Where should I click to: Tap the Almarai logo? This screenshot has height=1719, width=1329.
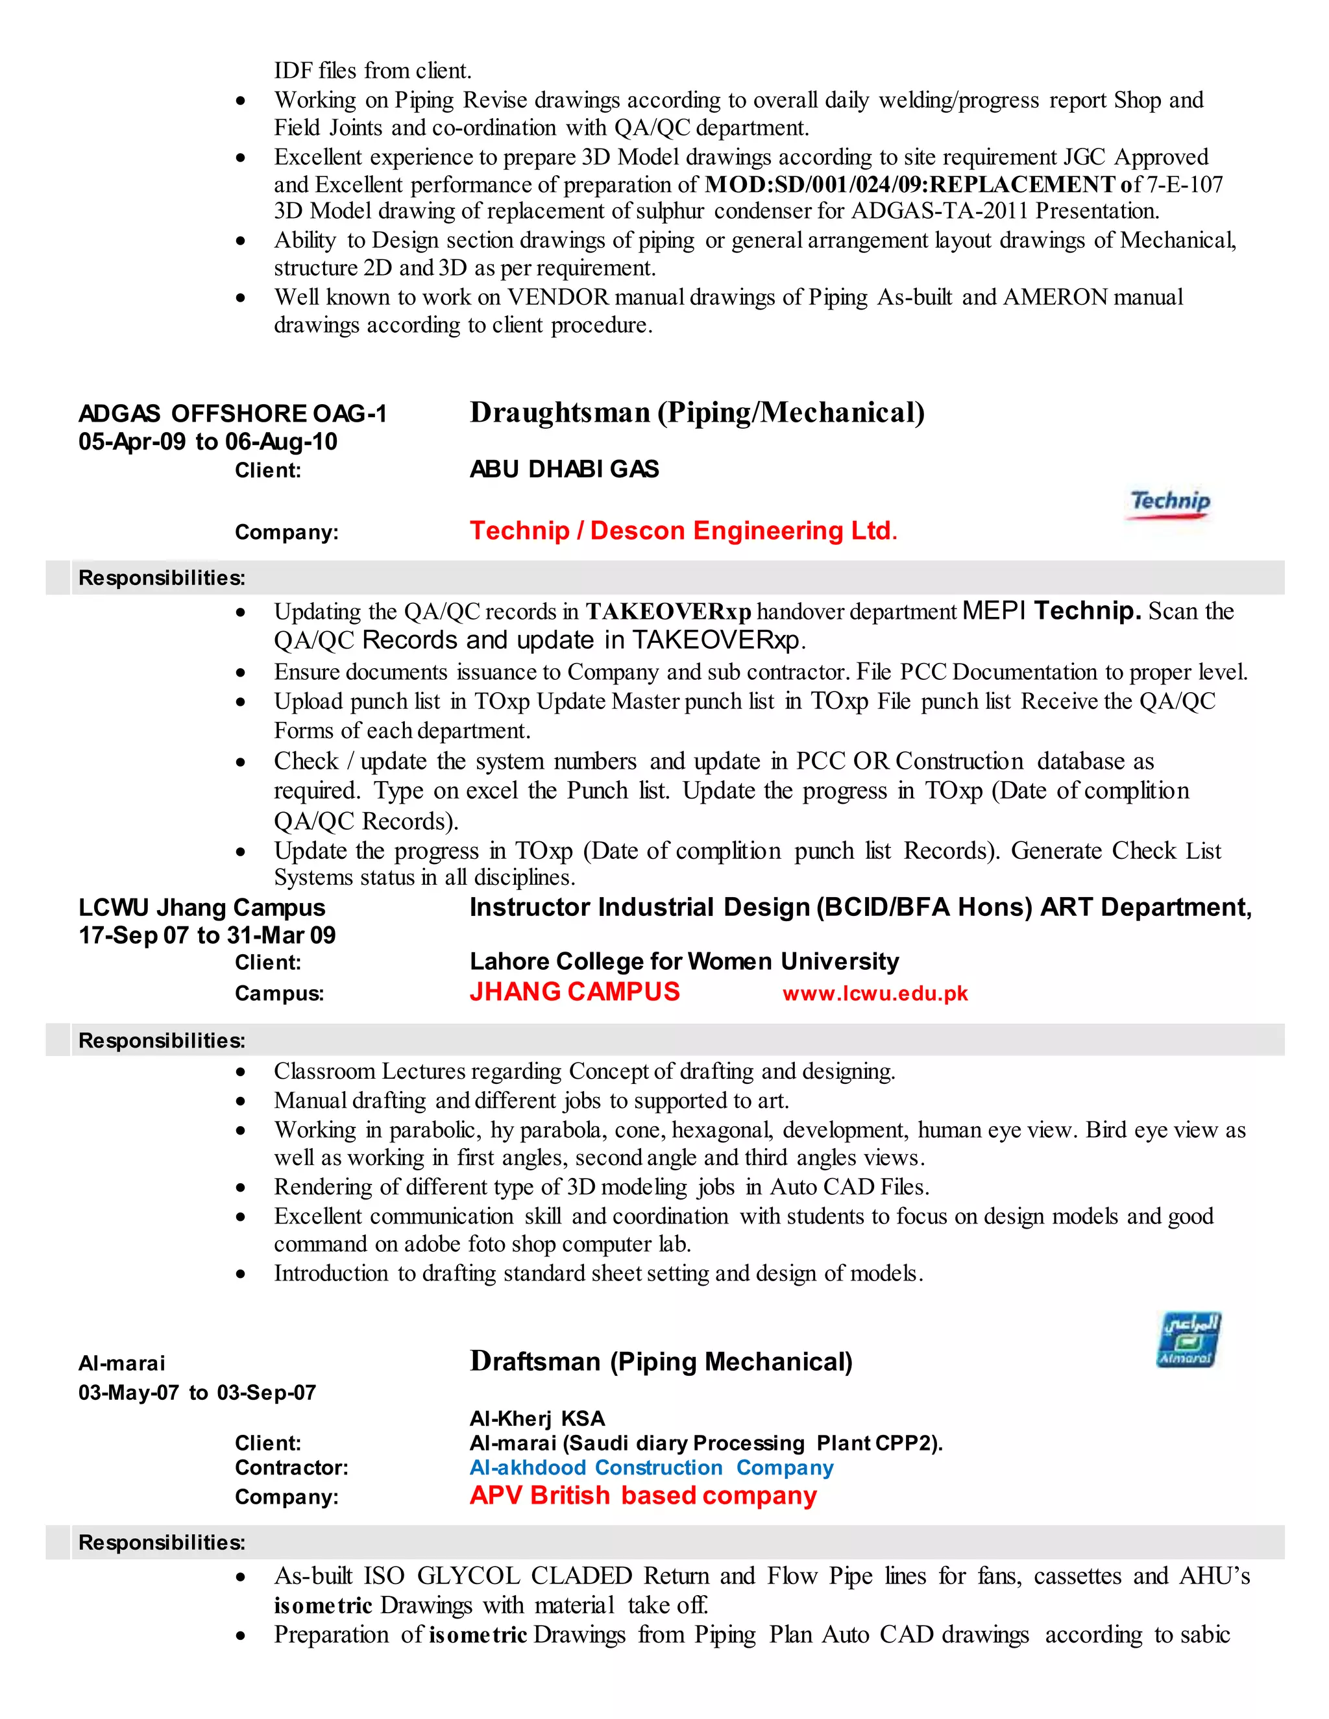pyautogui.click(x=1188, y=1340)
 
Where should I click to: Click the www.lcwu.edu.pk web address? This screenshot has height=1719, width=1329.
pyautogui.click(x=875, y=993)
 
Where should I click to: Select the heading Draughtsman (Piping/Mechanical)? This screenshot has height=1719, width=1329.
pyautogui.click(x=697, y=413)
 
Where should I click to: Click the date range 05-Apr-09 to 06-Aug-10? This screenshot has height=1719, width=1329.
pyautogui.click(x=208, y=442)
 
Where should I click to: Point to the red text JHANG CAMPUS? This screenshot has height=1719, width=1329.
pyautogui.click(x=575, y=992)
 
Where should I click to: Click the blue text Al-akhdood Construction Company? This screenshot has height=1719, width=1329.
pyautogui.click(x=651, y=1468)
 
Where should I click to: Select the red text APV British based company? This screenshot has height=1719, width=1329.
pyautogui.click(x=643, y=1495)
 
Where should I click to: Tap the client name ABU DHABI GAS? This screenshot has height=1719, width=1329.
pyautogui.click(x=565, y=469)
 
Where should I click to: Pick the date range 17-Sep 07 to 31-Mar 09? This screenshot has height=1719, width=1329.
pyautogui.click(x=207, y=935)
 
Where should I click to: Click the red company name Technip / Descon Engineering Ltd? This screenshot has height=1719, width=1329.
pyautogui.click(x=683, y=531)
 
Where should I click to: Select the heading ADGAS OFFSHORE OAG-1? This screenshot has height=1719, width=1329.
pyautogui.click(x=233, y=413)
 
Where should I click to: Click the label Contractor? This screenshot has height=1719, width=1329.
pyautogui.click(x=291, y=1468)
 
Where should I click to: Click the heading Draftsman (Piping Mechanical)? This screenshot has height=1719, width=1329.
pyautogui.click(x=661, y=1362)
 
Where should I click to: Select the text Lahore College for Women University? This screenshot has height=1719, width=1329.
pyautogui.click(x=684, y=962)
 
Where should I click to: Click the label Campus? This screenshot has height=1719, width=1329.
pyautogui.click(x=278, y=993)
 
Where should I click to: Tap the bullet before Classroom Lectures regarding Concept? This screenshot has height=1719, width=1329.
pyautogui.click(x=241, y=1072)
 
